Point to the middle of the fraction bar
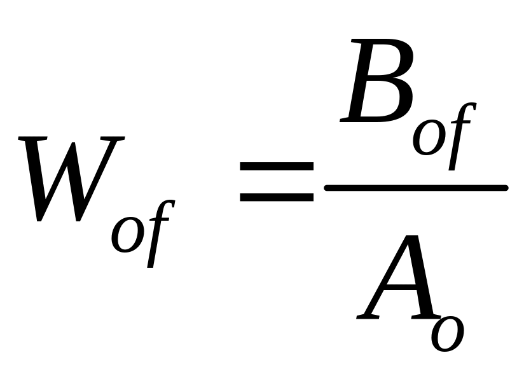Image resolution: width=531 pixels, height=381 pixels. click(x=416, y=188)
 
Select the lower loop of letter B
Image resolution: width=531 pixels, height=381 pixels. click(x=382, y=102)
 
